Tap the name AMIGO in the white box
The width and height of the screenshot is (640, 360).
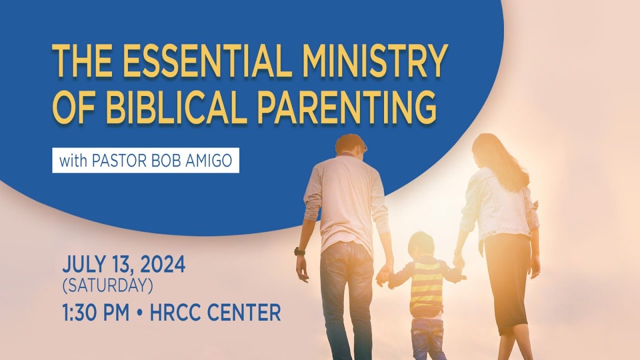(208, 161)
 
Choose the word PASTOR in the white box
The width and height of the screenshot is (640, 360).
(119, 161)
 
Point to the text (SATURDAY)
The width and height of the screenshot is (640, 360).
(107, 285)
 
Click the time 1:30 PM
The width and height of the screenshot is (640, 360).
(95, 313)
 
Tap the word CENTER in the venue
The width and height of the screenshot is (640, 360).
(243, 313)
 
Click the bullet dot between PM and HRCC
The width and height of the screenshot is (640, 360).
(139, 313)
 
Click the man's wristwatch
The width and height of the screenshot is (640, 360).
(299, 251)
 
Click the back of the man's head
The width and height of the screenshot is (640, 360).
(350, 146)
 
